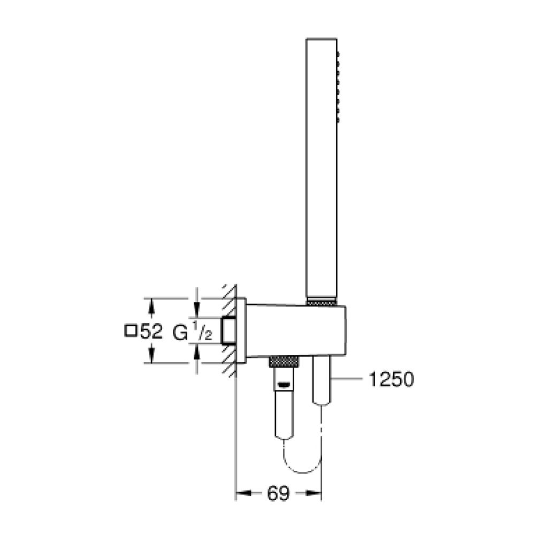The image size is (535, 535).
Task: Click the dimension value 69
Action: point(278,494)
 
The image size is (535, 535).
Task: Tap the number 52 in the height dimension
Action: point(150,332)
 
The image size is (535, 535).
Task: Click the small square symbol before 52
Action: point(129,331)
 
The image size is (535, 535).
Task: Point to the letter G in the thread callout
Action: point(180,332)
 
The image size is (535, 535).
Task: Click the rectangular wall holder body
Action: point(297,330)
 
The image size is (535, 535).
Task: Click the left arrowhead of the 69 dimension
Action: point(242,494)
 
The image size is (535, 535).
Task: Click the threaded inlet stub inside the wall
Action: point(230,330)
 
